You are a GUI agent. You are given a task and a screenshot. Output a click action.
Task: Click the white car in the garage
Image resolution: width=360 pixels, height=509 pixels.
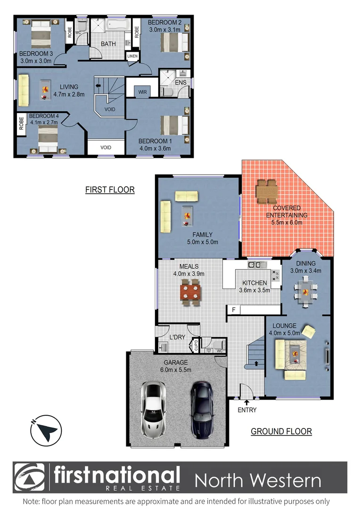[154, 410]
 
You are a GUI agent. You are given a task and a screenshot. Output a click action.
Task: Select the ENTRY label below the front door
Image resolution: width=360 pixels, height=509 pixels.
[247, 410]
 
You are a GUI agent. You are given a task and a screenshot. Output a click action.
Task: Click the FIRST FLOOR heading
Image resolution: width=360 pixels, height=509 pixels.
[110, 190]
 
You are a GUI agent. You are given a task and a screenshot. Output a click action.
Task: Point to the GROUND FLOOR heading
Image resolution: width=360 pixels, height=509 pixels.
[281, 431]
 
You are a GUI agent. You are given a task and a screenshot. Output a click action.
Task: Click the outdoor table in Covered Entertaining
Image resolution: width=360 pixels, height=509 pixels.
[267, 190]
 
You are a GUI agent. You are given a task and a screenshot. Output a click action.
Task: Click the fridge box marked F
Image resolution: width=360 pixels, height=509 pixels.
[233, 310]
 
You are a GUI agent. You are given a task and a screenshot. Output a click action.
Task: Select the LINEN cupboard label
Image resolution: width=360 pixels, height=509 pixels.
[132, 56]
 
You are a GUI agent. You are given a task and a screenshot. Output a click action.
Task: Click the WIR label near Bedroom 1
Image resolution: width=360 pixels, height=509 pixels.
[142, 92]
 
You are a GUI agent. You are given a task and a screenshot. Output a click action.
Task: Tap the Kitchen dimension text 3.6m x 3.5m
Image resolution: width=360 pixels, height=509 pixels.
[254, 290]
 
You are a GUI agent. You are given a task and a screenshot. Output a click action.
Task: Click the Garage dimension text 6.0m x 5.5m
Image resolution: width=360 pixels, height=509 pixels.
[176, 370]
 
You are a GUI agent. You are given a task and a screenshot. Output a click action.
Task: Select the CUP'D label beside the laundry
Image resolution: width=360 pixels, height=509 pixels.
[194, 346]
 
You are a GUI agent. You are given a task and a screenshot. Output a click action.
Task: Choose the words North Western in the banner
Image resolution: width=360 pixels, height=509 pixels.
[258, 481]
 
